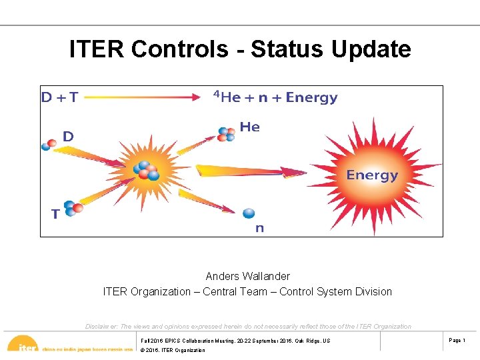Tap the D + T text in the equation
pyautogui.click(x=59, y=97)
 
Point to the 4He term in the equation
pyautogui.click(x=227, y=97)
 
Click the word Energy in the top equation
pyautogui.click(x=311, y=97)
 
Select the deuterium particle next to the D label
pyautogui.click(x=49, y=144)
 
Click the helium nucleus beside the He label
pyautogui.click(x=226, y=134)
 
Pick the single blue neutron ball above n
pyautogui.click(x=249, y=213)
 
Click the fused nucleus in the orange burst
pyautogui.click(x=145, y=172)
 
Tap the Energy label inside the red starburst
pyautogui.click(x=371, y=175)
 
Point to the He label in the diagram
pyautogui.click(x=249, y=127)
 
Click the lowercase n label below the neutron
pyautogui.click(x=259, y=228)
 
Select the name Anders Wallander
pyautogui.click(x=247, y=276)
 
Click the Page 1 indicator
pyautogui.click(x=457, y=341)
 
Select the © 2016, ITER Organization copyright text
pyautogui.click(x=173, y=350)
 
